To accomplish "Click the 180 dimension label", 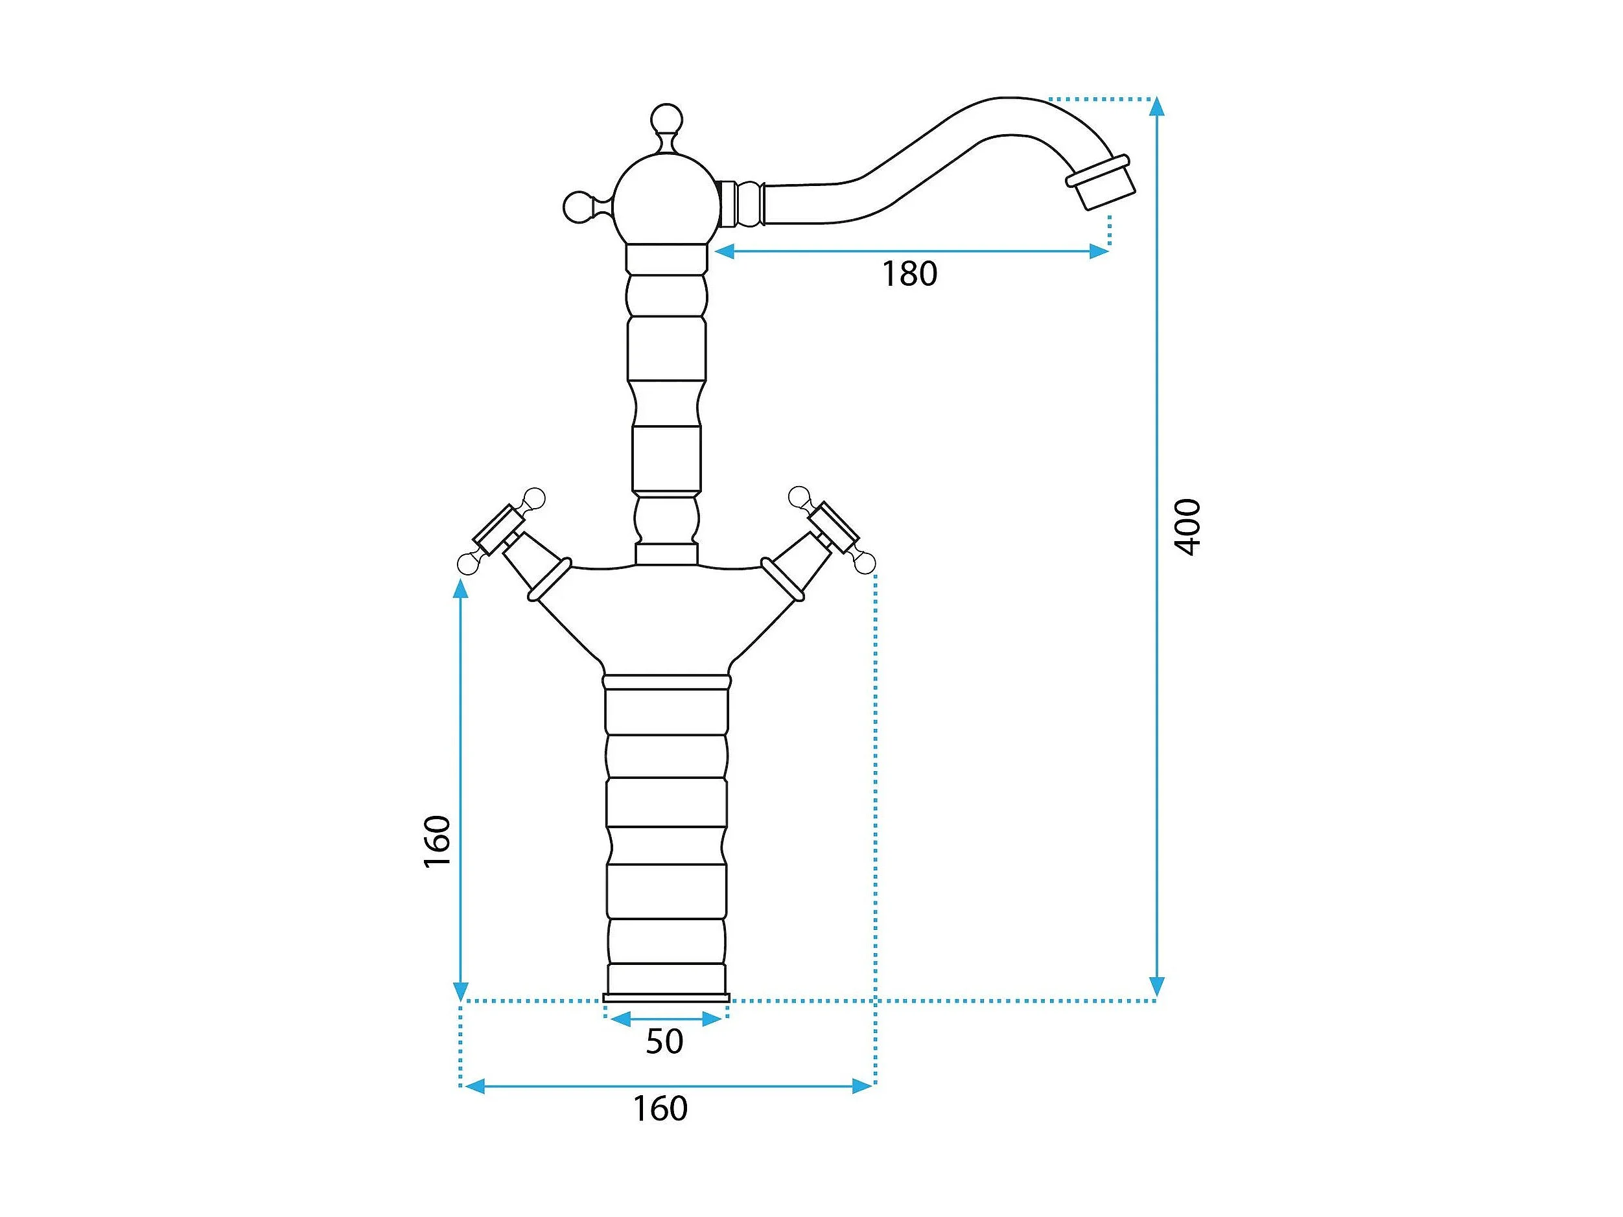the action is [909, 273].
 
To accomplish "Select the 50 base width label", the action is [664, 1041].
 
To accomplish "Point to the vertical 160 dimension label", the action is [438, 841].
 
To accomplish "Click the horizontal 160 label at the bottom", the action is [660, 1108].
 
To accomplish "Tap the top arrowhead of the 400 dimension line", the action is [1157, 107].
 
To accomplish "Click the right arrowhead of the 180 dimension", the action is [1099, 251].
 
